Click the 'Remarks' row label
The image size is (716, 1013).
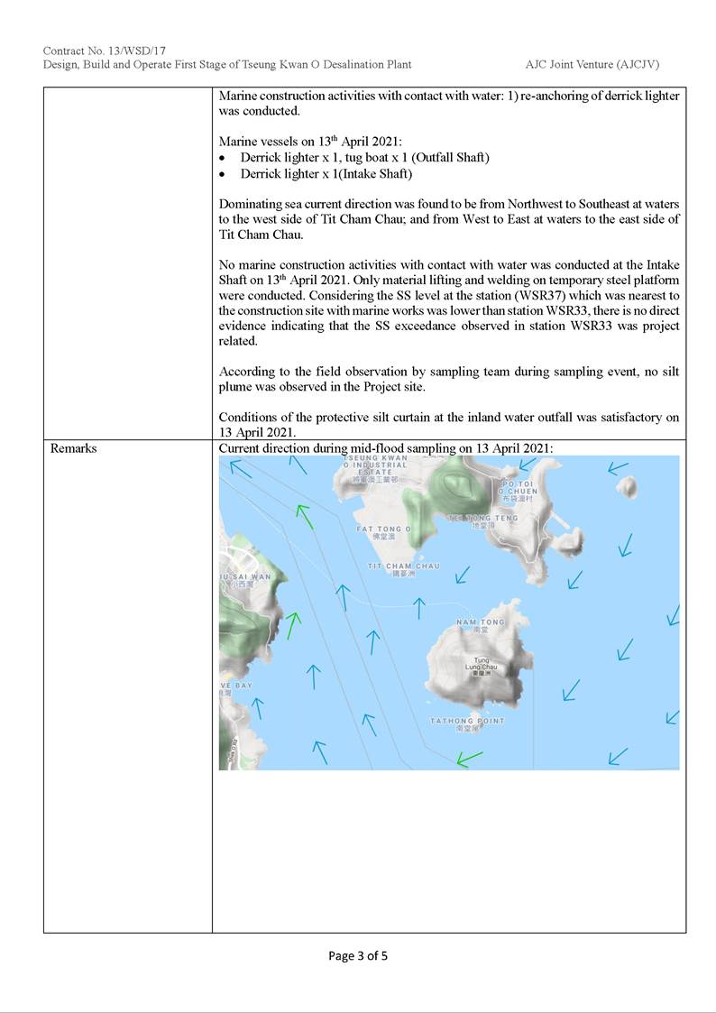click(74, 448)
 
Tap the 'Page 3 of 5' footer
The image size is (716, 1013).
click(358, 955)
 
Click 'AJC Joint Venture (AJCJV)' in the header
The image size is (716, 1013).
click(598, 65)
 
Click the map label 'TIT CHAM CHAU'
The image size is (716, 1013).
click(404, 566)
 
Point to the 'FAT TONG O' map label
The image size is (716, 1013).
click(383, 530)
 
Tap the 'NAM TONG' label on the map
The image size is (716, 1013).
click(481, 622)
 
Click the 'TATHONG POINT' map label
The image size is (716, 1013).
click(467, 722)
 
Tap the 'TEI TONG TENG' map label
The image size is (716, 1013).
click(483, 519)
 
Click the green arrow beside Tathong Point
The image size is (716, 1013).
click(469, 759)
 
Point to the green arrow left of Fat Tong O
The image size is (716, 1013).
click(305, 517)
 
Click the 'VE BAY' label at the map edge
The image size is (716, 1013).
click(236, 686)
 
